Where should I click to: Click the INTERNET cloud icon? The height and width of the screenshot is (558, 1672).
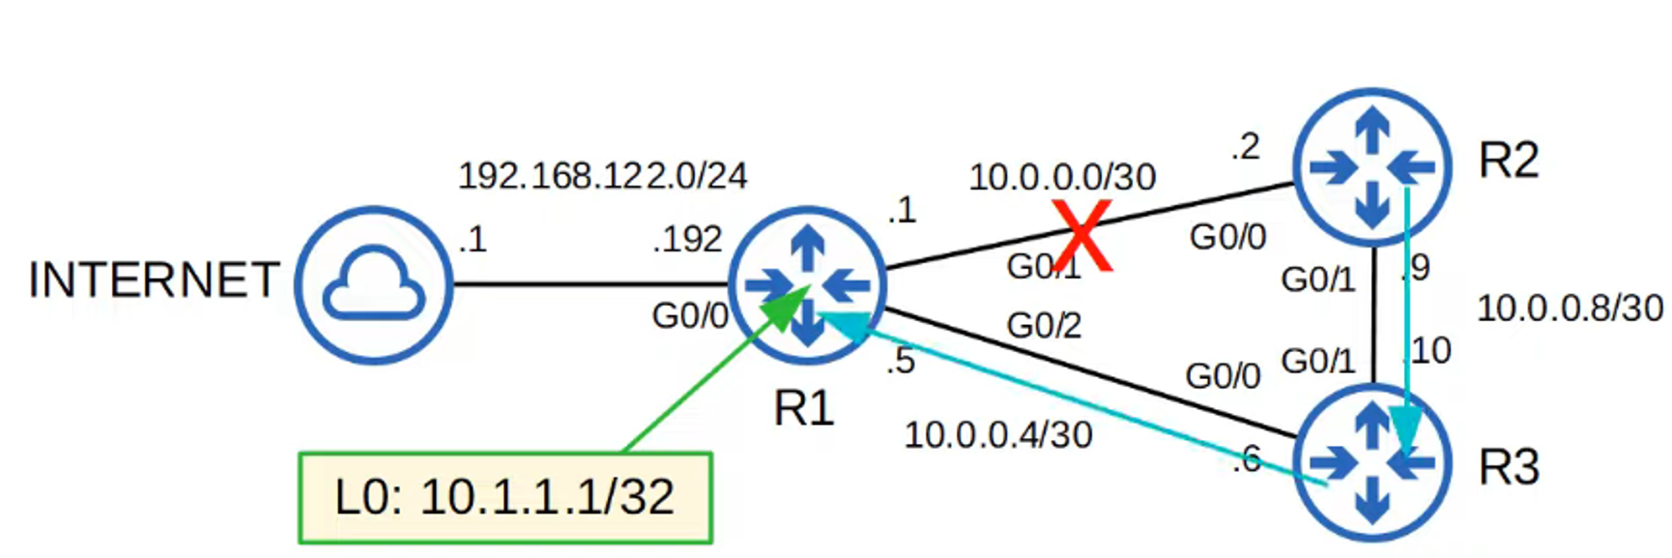pos(374,284)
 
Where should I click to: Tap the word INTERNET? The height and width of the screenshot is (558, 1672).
pos(154,281)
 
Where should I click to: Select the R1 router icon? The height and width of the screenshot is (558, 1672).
pos(807,285)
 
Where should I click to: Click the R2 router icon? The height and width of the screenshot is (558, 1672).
pos(1372,167)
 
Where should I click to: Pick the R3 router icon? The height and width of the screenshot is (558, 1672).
pos(1372,462)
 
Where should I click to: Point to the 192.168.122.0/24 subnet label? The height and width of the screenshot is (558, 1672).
pos(602,176)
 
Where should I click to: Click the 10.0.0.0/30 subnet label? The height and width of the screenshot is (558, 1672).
pos(1062,178)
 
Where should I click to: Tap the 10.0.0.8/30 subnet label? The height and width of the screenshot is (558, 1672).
pos(1570,309)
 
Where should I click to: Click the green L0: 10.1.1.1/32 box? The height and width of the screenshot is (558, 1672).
pos(505,498)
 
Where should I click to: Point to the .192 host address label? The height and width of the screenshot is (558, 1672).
pos(687,240)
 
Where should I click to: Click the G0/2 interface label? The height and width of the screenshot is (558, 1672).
pos(1044,326)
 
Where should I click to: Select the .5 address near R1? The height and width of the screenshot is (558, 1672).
pos(900,362)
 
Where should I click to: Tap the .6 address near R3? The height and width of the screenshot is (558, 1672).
pos(1247,459)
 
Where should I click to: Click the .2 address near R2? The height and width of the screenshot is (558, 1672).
pos(1245,147)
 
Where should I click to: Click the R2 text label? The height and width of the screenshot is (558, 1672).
pos(1508,161)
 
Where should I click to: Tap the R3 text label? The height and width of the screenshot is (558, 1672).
pos(1508,468)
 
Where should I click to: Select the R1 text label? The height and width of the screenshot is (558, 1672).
pos(803,409)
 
